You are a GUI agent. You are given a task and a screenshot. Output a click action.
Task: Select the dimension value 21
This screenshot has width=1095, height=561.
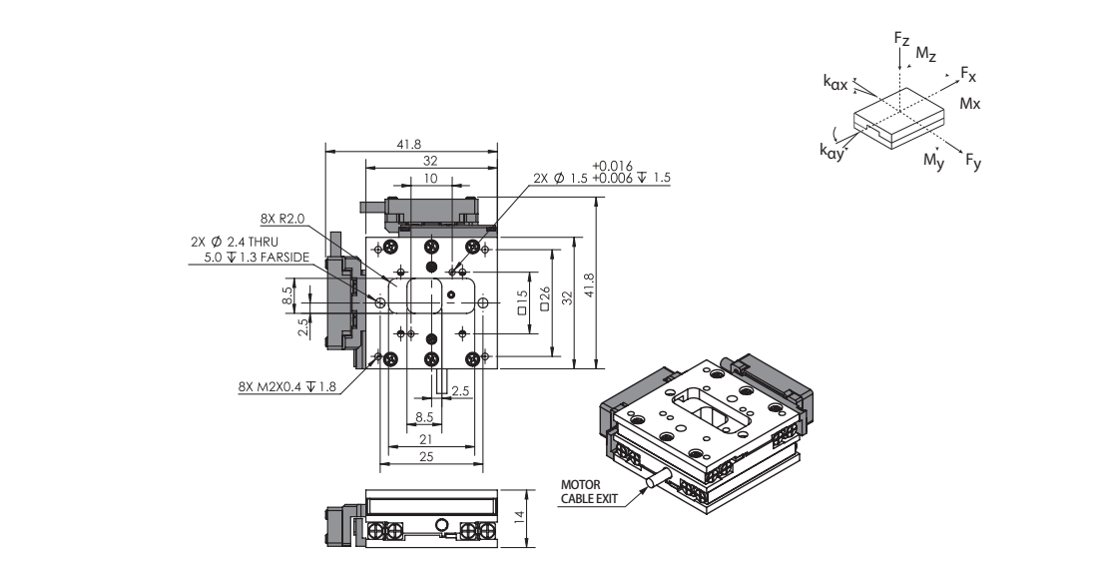(423, 438)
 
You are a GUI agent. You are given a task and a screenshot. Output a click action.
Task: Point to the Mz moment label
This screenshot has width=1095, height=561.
(926, 53)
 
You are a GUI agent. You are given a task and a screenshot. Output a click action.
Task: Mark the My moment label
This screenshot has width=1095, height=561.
(933, 160)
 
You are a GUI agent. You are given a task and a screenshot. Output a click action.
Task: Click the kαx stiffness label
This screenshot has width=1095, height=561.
(835, 86)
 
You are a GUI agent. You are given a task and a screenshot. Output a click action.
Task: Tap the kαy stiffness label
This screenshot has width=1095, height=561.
(831, 152)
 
